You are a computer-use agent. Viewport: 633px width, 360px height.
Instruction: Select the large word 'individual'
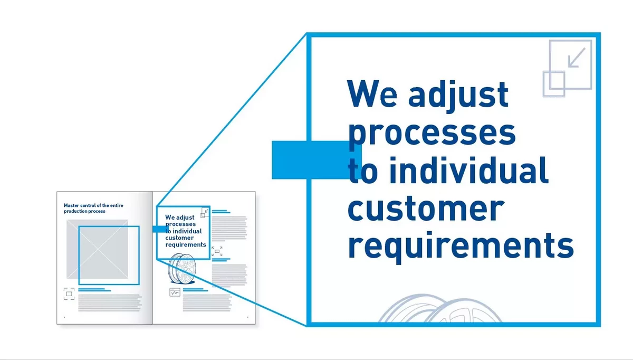(469, 170)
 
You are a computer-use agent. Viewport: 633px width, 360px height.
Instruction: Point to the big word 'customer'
(426, 209)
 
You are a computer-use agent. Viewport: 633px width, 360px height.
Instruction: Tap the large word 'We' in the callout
(372, 93)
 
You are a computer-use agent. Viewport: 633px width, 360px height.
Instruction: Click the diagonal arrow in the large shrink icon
(577, 58)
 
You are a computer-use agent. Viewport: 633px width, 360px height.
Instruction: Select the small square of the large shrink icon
(554, 84)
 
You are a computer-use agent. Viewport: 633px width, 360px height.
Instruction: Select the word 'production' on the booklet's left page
(73, 211)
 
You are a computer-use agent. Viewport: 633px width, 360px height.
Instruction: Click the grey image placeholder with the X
(97, 249)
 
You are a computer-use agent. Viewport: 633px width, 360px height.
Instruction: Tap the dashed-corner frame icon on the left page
(69, 294)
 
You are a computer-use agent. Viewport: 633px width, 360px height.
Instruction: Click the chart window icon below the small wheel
(175, 292)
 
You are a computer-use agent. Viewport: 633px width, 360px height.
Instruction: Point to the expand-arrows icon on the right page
(217, 251)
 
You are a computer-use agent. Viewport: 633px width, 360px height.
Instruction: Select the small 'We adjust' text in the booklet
(180, 217)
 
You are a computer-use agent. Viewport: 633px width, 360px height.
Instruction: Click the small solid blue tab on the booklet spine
(160, 229)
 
